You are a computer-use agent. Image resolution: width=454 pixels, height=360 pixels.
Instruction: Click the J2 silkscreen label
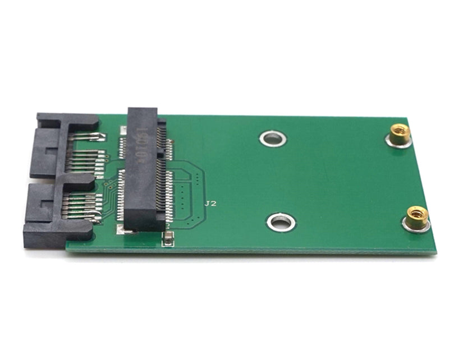210,204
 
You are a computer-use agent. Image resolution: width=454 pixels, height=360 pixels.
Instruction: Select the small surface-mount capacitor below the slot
167,240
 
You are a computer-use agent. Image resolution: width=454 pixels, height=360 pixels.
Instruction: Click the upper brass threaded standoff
400,135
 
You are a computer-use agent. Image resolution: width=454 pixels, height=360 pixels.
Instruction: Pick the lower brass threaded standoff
416,217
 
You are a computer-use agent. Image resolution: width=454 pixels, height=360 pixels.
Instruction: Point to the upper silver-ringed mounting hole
273,138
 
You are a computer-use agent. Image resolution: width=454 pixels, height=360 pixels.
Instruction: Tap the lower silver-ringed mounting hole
281,222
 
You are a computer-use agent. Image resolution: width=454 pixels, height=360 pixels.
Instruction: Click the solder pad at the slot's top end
123,130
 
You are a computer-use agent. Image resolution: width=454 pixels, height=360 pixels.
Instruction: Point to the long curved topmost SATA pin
90,136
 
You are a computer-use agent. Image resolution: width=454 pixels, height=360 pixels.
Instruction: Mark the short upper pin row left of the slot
122,147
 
